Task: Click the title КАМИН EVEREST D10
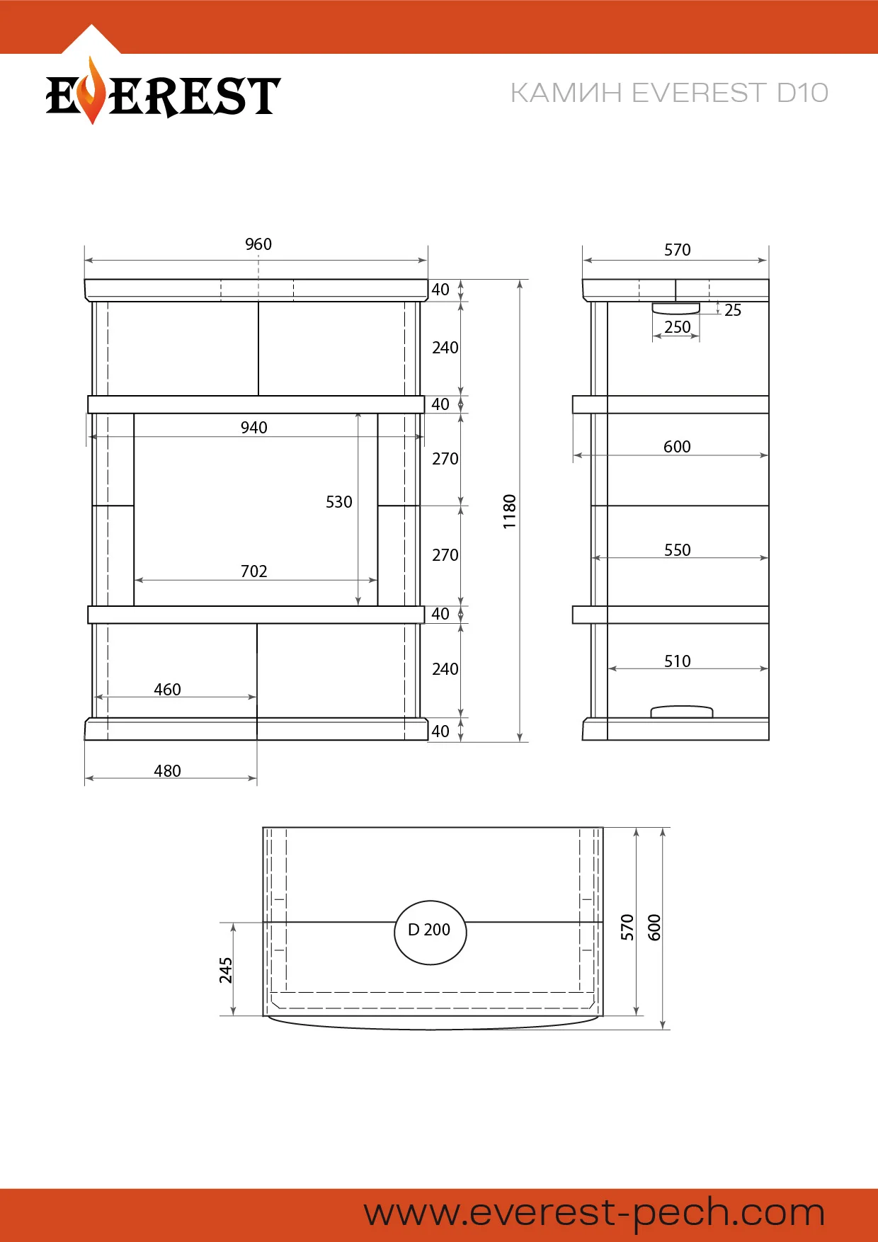[x=669, y=93]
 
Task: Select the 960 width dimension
[x=258, y=244]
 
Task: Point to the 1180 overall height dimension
[x=510, y=511]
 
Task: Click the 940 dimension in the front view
[x=254, y=428]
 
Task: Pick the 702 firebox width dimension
[x=254, y=571]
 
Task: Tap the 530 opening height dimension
[x=339, y=502]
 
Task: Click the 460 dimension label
[x=168, y=690]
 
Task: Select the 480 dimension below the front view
[x=168, y=771]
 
